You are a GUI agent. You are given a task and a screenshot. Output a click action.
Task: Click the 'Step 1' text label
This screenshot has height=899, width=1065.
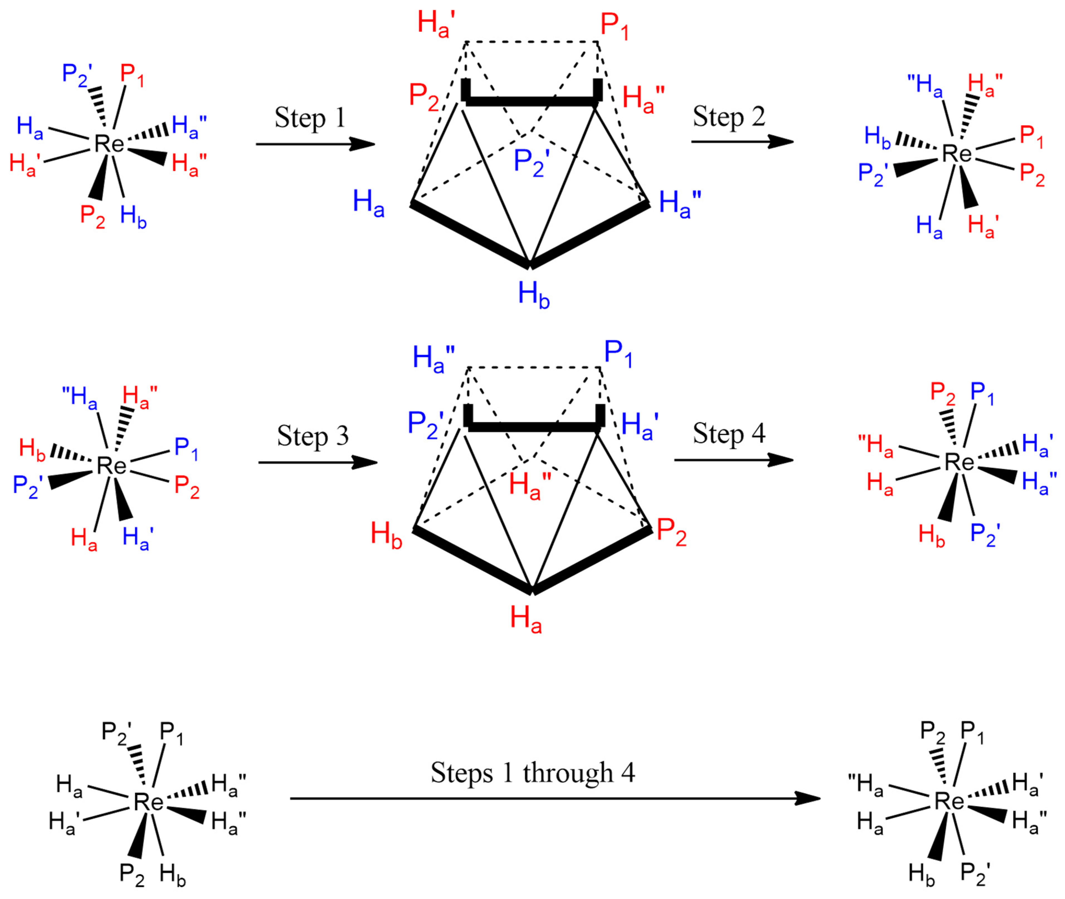310,118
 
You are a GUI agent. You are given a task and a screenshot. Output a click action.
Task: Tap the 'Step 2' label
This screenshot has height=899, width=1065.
729,117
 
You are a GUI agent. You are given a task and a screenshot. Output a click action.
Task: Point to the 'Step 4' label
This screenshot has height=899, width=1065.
729,434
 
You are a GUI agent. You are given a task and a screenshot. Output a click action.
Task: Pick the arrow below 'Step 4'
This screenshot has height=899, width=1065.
734,460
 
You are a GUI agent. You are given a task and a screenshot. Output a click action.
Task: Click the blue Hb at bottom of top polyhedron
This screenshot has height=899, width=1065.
534,296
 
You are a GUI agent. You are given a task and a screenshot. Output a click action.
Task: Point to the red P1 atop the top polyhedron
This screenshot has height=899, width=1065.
614,26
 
